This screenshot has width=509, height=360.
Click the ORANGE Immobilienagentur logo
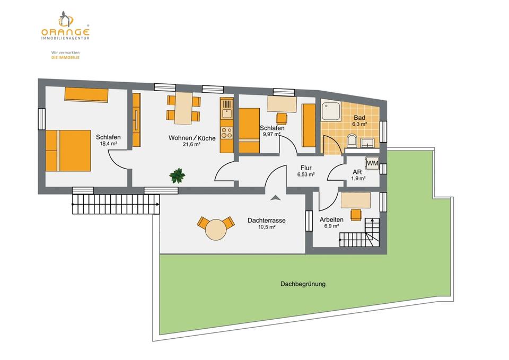coord(65,26)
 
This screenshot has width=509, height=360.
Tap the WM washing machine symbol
coord(372,163)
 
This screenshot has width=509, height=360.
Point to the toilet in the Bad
coord(351,141)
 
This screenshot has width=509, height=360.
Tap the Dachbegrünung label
coord(303,284)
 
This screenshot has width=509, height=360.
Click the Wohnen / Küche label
coord(191,138)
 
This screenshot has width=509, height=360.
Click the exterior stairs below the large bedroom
coord(116,204)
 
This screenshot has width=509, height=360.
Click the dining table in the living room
coord(184,108)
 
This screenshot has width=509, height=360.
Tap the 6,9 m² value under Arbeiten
coord(331,226)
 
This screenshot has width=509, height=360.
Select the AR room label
coord(358,171)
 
